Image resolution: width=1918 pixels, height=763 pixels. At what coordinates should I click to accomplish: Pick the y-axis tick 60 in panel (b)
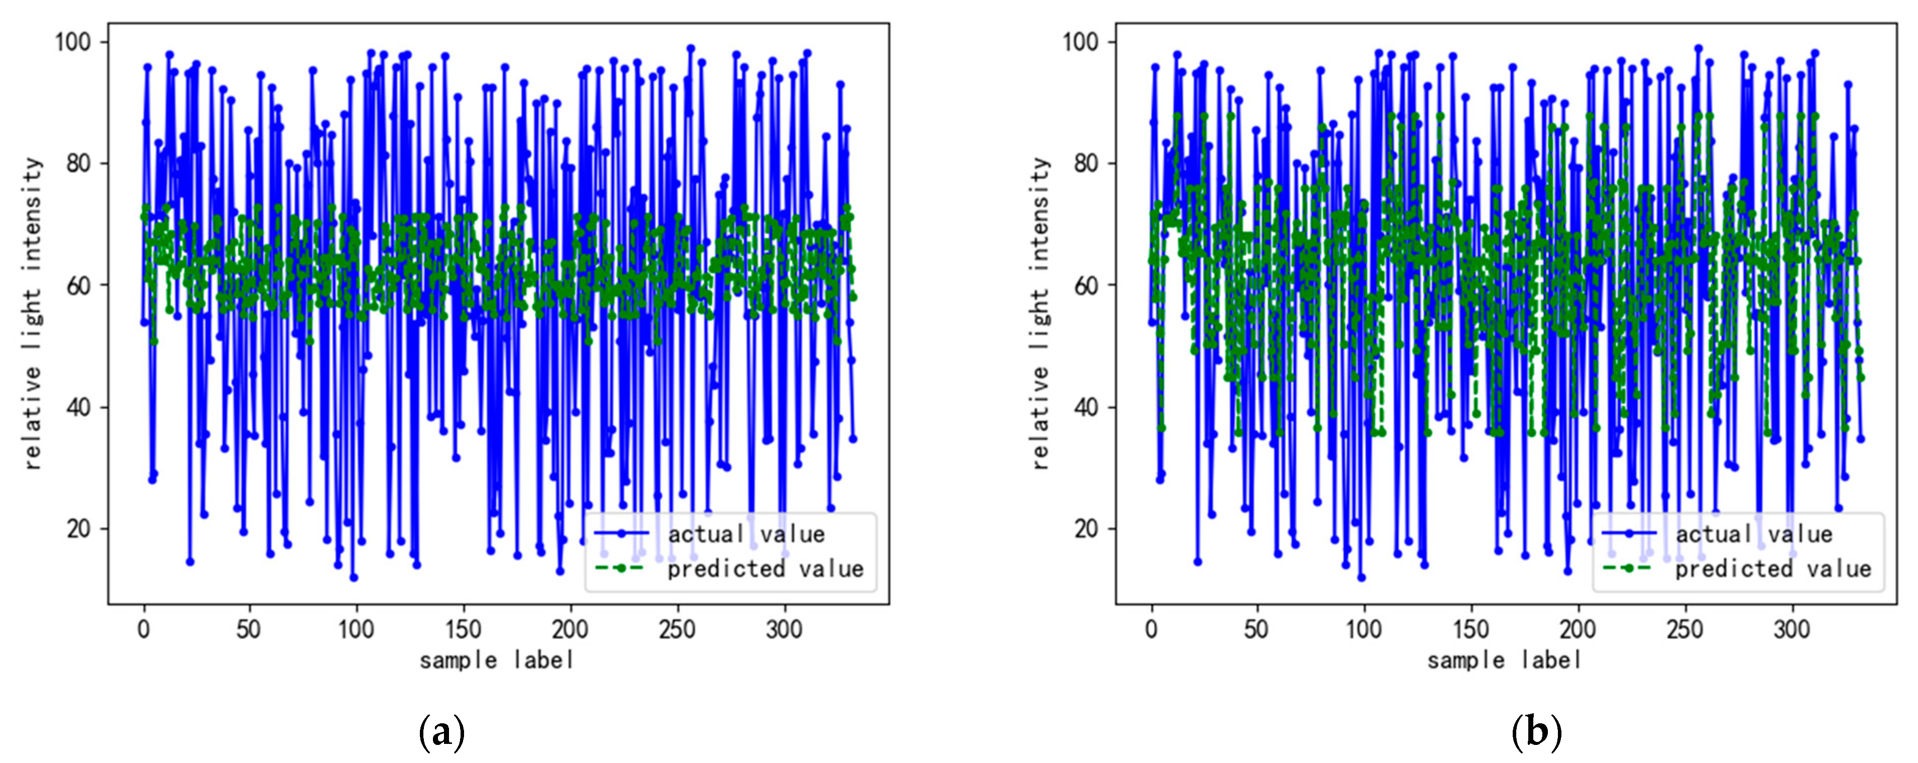pyautogui.click(x=1086, y=286)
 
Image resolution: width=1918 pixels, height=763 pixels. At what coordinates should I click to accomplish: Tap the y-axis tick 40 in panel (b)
pyautogui.click(x=1086, y=408)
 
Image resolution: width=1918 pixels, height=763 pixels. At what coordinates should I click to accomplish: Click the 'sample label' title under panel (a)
pyautogui.click(x=497, y=660)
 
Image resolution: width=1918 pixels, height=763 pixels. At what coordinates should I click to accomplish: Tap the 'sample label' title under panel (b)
pyautogui.click(x=1505, y=660)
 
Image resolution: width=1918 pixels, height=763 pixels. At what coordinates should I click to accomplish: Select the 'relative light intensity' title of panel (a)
pyautogui.click(x=33, y=312)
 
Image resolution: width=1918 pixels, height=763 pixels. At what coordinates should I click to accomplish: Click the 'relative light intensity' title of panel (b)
pyautogui.click(x=1041, y=312)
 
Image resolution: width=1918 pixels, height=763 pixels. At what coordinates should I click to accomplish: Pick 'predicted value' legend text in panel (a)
pyautogui.click(x=765, y=570)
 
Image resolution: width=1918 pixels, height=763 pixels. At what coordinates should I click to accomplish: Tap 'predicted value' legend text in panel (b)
pyautogui.click(x=1773, y=570)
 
